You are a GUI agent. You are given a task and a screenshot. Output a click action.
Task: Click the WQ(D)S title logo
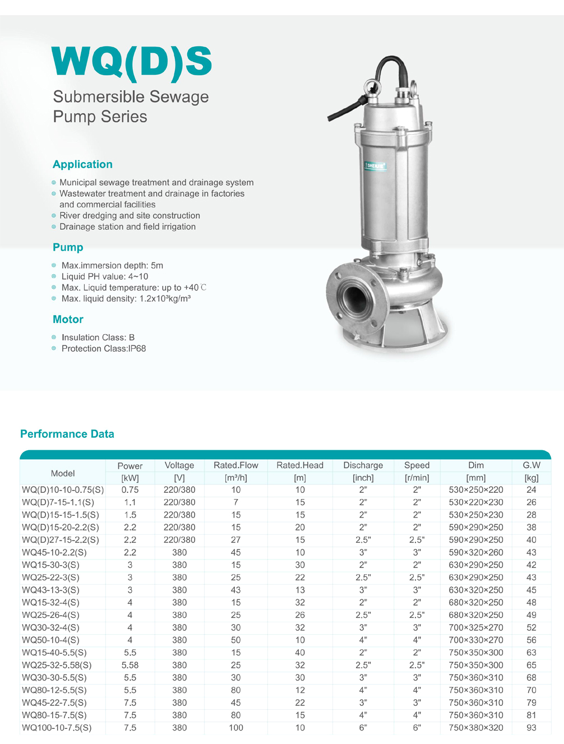[132, 62]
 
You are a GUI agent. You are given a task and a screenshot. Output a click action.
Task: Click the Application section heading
[82, 164]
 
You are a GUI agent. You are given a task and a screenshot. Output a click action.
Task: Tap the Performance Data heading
[67, 434]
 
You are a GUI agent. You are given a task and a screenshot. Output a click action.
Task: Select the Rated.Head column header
[300, 465]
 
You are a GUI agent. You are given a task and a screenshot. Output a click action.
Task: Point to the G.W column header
[531, 465]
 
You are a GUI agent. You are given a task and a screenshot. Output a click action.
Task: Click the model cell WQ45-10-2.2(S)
[54, 552]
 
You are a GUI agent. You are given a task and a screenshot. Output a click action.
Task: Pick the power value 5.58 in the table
[130, 665]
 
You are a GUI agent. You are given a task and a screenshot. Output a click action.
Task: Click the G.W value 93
[531, 728]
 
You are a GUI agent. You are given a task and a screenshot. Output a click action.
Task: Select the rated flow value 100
[236, 728]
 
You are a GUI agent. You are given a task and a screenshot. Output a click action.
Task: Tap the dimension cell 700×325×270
[476, 627]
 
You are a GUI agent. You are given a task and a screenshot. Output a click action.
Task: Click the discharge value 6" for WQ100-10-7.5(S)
[363, 728]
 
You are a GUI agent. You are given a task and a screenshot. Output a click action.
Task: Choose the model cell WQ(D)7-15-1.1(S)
[58, 502]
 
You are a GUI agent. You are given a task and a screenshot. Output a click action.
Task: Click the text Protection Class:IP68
[104, 348]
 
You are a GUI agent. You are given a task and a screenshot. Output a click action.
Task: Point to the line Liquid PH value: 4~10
[105, 276]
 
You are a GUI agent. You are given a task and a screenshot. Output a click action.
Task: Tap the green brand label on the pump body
[375, 166]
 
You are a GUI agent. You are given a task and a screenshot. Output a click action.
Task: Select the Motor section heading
[68, 319]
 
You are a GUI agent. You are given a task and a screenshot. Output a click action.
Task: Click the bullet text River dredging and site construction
[130, 215]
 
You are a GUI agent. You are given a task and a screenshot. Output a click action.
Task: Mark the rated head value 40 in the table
[300, 653]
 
